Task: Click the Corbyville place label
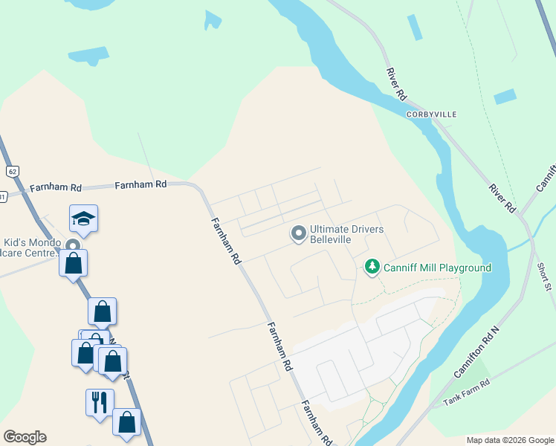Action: (x=431, y=114)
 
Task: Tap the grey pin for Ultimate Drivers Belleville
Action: (x=299, y=234)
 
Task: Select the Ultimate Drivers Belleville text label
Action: (x=347, y=235)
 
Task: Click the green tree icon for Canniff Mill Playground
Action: (x=372, y=267)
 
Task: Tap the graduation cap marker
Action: (x=83, y=219)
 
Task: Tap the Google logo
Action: (x=25, y=437)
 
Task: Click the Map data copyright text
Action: (x=509, y=440)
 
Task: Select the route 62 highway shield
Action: (x=11, y=171)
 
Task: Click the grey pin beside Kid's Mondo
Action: (x=73, y=246)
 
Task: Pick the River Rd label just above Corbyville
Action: (x=396, y=84)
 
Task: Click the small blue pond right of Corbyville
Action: (x=505, y=97)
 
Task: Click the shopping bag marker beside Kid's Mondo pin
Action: (x=74, y=263)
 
